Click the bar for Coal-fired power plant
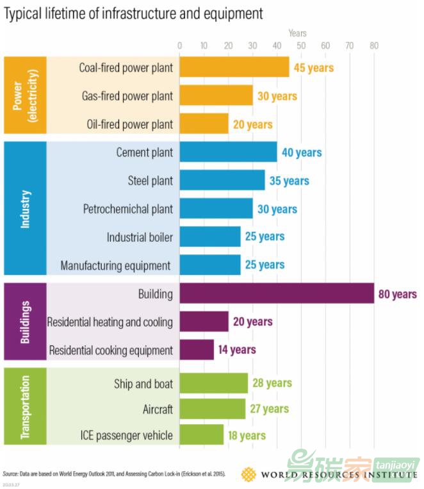coord(234,67)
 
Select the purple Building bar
coord(276,294)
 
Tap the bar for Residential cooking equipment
coord(197,350)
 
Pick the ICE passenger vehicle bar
coord(201,435)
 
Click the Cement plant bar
coord(228,153)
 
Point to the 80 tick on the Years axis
coord(373,46)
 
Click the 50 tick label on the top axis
coord(301,46)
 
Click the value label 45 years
coord(314,67)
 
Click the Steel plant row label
coord(151,181)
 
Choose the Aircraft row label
coord(158,409)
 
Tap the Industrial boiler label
coord(140,237)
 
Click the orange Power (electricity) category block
coord(25,95)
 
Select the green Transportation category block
coord(25,406)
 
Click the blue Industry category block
coord(25,208)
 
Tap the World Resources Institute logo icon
coord(249,474)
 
